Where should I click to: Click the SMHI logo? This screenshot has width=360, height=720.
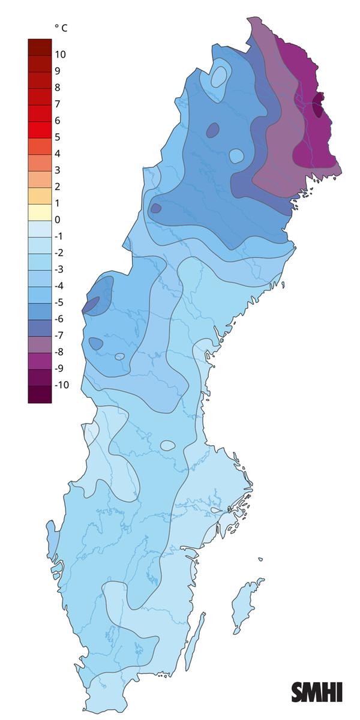pyautogui.click(x=317, y=692)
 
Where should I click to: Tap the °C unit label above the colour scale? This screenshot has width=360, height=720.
pyautogui.click(x=61, y=28)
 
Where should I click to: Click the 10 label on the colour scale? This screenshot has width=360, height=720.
pyautogui.click(x=60, y=55)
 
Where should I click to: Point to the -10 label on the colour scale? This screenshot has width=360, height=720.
pyautogui.click(x=62, y=385)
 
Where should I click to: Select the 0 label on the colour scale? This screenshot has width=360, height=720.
pyautogui.click(x=58, y=220)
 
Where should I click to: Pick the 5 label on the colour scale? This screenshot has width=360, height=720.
pyautogui.click(x=58, y=137)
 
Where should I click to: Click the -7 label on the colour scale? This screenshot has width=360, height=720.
pyautogui.click(x=59, y=335)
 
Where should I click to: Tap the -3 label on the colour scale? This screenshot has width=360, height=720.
pyautogui.click(x=59, y=269)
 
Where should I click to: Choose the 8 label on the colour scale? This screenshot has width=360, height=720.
pyautogui.click(x=58, y=88)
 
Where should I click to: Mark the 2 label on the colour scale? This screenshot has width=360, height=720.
pyautogui.click(x=58, y=187)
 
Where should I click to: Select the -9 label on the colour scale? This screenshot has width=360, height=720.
pyautogui.click(x=59, y=368)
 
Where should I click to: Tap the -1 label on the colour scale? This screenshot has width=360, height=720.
pyautogui.click(x=59, y=236)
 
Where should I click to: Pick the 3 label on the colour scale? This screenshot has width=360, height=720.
pyautogui.click(x=58, y=170)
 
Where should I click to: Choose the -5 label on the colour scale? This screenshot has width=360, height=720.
pyautogui.click(x=59, y=302)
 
